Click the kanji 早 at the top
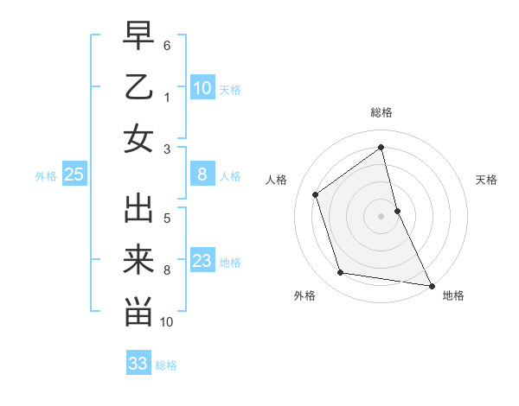pos(138,36)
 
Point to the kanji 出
pos(138,209)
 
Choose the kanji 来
pos(138,260)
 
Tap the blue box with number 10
pos(202,87)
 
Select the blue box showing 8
pos(202,175)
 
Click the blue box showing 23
pos(202,261)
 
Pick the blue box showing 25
pos(74,175)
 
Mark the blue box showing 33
pos(138,364)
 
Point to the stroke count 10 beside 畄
pos(168,322)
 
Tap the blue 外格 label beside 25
pos(46,176)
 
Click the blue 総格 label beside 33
pos(166,365)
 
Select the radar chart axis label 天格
pos(486,180)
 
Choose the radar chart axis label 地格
pos(453,295)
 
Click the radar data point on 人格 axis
pos(315,194)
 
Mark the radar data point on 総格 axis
pos(381,148)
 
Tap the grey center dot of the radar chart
pos(381,215)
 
